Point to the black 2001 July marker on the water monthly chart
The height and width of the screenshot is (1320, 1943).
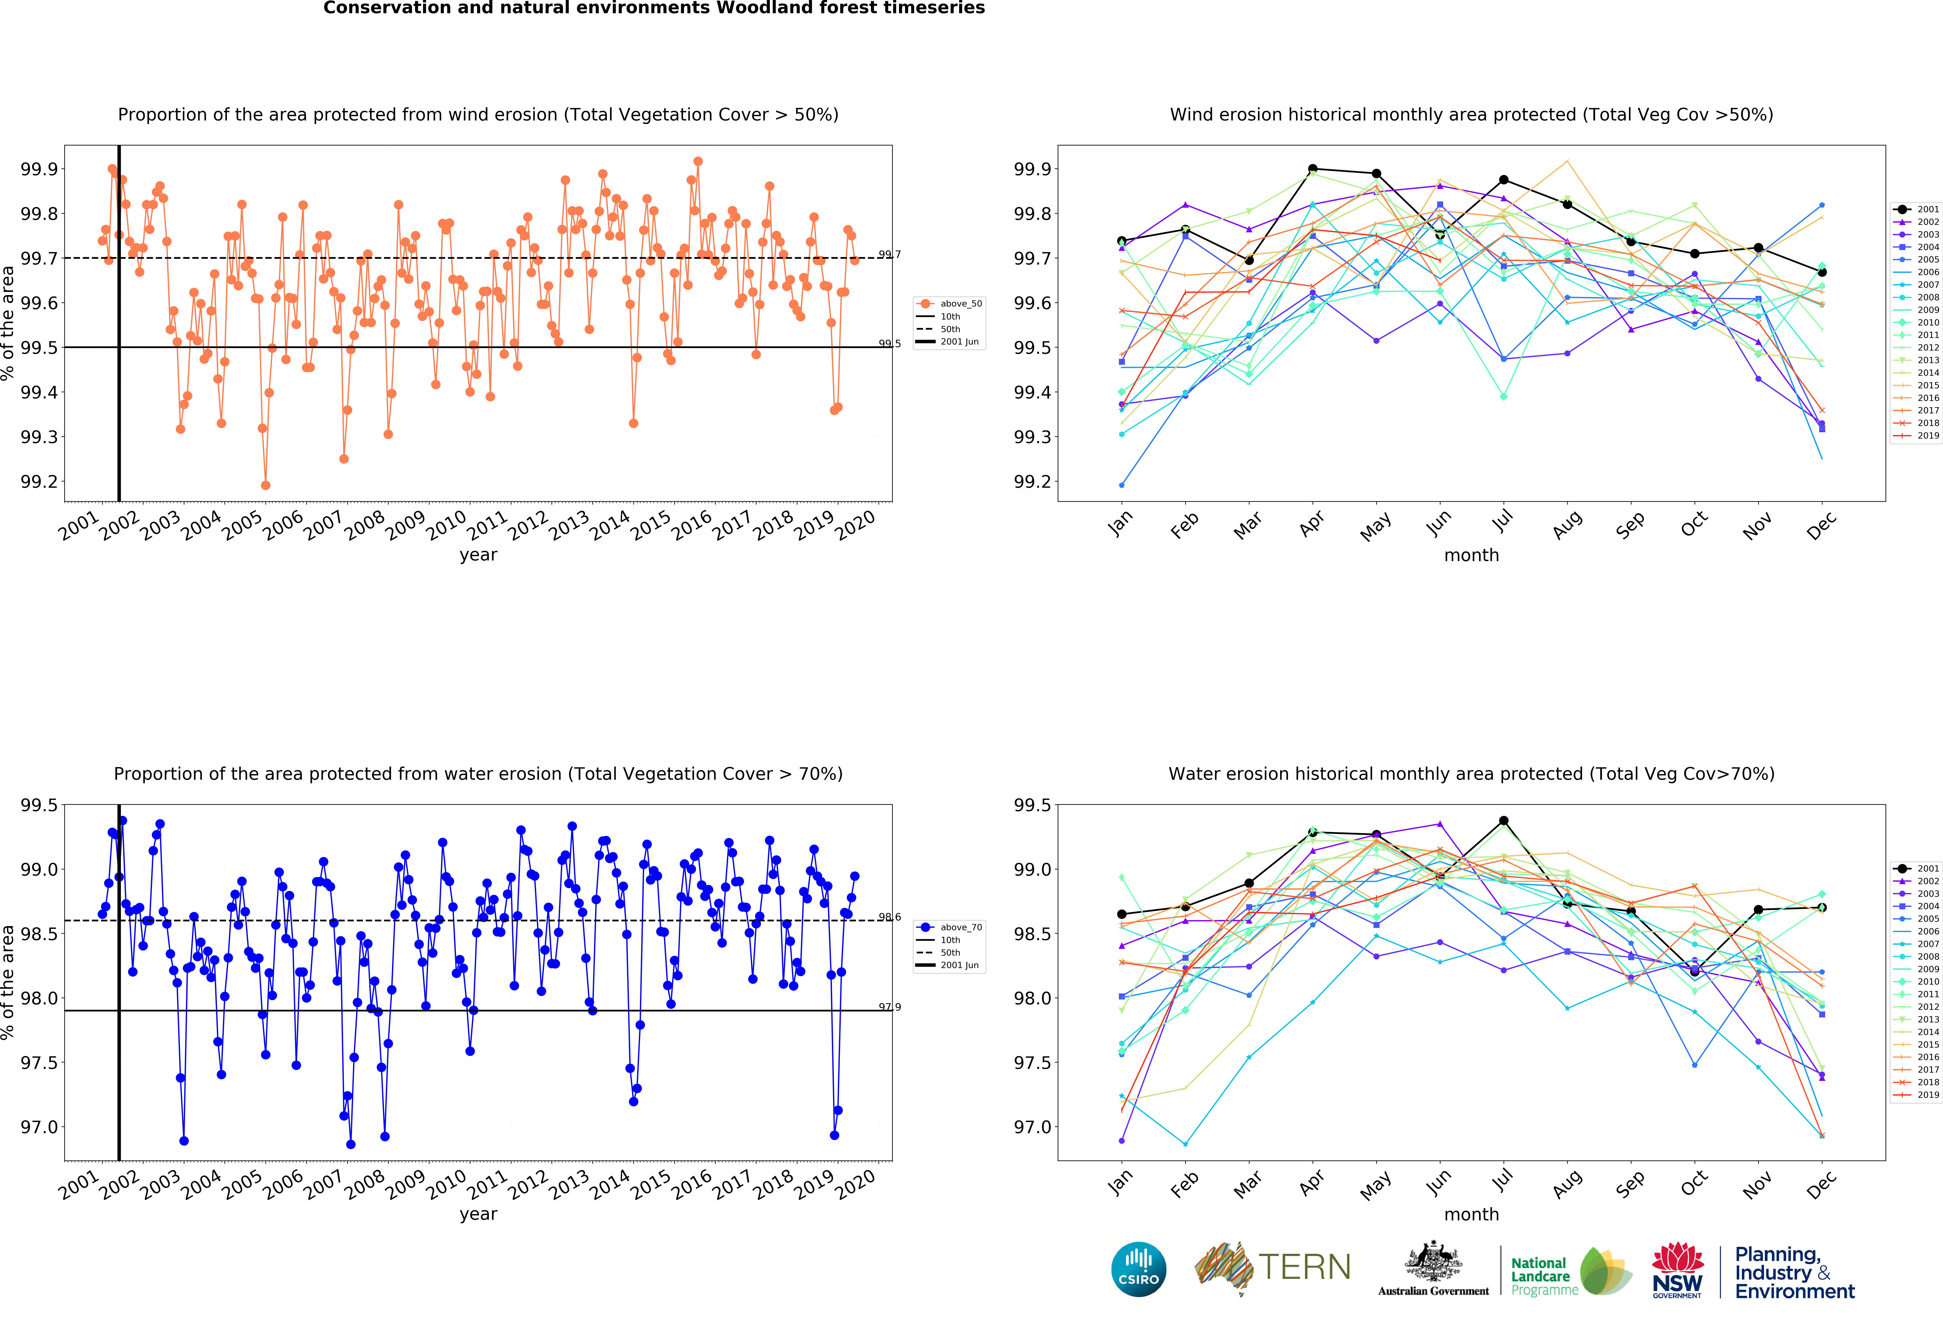click(x=1503, y=821)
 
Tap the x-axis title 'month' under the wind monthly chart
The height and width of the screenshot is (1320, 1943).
click(x=1472, y=555)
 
